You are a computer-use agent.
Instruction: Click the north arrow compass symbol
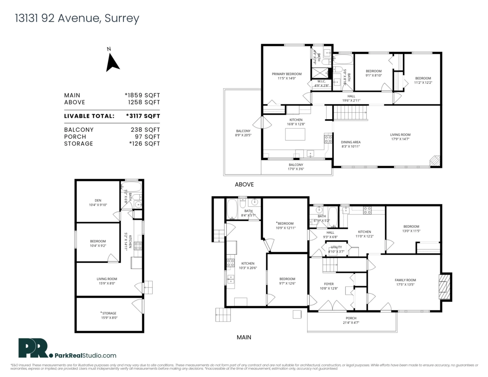tap(112, 63)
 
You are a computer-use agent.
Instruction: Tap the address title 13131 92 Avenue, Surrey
tap(77, 18)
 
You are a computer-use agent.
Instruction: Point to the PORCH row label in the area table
tap(73, 137)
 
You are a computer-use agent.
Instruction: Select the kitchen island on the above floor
tap(295, 134)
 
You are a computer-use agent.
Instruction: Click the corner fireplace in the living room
tap(435, 160)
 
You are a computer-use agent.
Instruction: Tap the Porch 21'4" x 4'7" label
tap(351, 320)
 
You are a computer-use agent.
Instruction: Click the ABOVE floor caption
tap(244, 184)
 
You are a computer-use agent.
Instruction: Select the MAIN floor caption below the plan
tap(244, 337)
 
